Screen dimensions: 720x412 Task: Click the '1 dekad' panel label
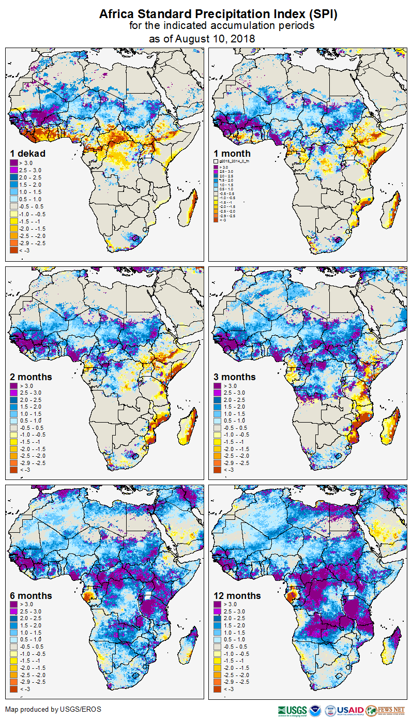click(x=28, y=153)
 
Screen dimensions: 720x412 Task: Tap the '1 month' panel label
click(x=232, y=153)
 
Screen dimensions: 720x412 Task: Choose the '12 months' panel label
click(x=237, y=595)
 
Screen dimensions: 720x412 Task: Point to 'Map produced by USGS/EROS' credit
click(x=53, y=709)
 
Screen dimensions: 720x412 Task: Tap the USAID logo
click(x=349, y=710)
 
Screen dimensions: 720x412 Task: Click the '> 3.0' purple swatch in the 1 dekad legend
click(x=14, y=163)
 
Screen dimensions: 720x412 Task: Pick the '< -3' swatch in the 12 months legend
click(x=218, y=688)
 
